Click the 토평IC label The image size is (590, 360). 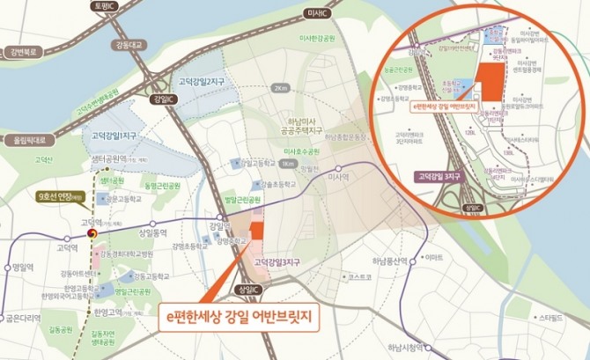pos(105,6)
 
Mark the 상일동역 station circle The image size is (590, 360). pos(153,223)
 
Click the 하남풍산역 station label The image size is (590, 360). pos(391,262)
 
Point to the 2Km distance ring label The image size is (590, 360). pos(279,89)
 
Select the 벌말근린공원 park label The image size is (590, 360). pos(245,200)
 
